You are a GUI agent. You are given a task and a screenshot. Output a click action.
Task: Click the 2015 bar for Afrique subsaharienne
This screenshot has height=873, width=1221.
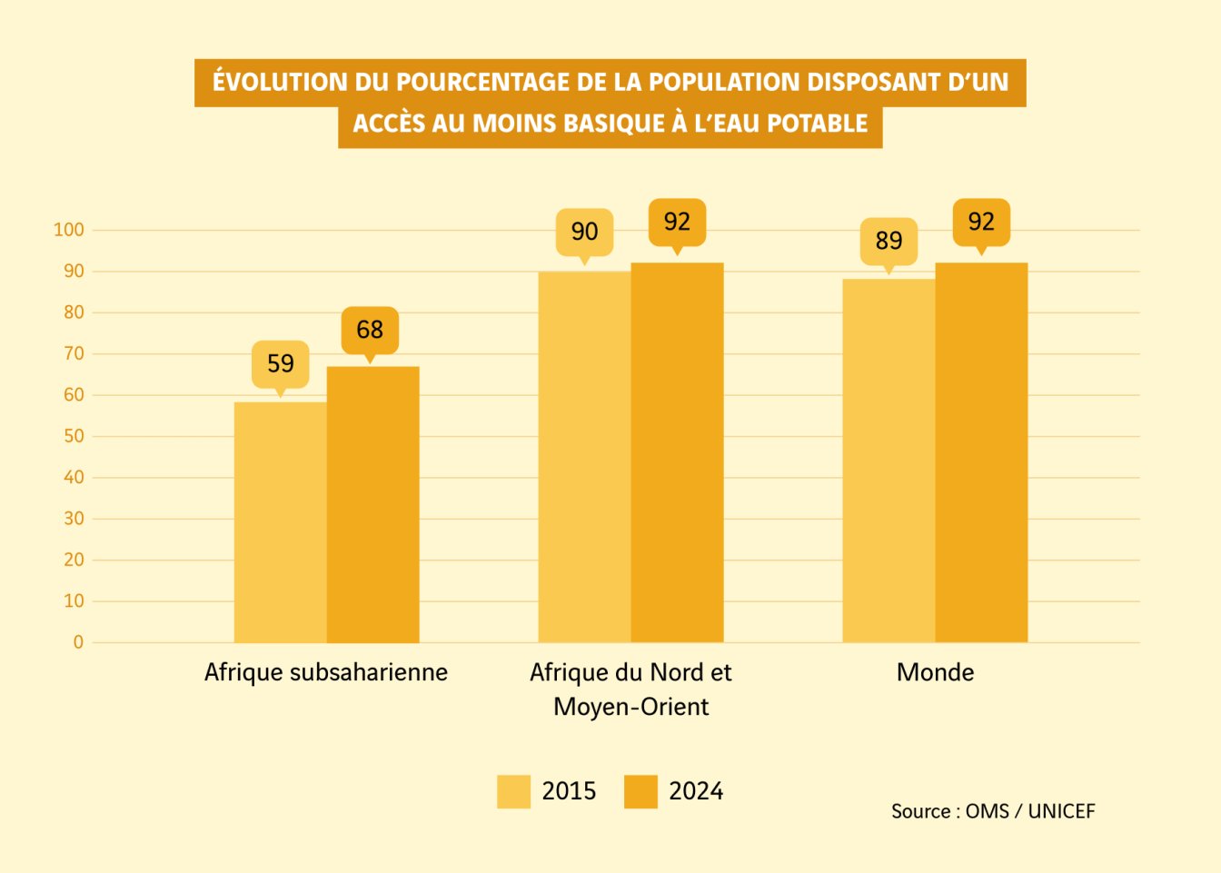click(x=280, y=522)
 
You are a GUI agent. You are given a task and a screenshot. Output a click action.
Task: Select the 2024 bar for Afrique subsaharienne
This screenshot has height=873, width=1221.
click(x=372, y=505)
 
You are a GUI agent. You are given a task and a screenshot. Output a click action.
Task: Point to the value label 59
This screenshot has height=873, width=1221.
click(x=281, y=363)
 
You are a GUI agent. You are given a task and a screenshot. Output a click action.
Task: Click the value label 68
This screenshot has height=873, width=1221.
click(x=370, y=330)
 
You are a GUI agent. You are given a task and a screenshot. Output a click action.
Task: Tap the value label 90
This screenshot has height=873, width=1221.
click(x=584, y=232)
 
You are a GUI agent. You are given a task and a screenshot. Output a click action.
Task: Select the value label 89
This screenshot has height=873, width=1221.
click(x=888, y=241)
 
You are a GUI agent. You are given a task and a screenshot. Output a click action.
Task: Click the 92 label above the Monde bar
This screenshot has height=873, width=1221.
click(x=981, y=222)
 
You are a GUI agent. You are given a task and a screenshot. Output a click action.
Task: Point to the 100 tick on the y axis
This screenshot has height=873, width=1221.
click(x=69, y=230)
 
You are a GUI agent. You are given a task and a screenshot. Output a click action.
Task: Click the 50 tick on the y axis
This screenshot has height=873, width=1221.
click(x=74, y=436)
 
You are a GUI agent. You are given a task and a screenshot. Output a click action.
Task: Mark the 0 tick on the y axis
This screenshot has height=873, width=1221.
click(x=78, y=642)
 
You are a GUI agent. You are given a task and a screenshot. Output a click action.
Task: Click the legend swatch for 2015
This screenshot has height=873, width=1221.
click(x=513, y=791)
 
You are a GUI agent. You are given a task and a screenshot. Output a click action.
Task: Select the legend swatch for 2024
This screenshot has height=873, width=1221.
click(x=640, y=791)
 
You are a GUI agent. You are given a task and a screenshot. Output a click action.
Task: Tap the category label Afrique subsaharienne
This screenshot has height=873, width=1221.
click(x=326, y=672)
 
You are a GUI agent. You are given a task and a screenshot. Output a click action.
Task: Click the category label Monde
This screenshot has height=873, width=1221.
click(x=935, y=672)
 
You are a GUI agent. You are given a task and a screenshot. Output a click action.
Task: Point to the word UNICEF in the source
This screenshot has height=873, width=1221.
click(x=1061, y=811)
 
